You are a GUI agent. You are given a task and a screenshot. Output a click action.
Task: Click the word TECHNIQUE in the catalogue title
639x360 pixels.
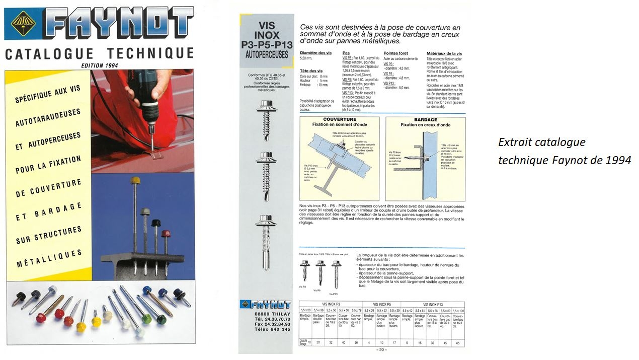[150, 53]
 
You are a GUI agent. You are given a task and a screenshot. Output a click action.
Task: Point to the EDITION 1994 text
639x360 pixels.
[99, 65]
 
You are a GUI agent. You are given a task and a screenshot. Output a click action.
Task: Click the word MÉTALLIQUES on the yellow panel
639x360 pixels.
[49, 257]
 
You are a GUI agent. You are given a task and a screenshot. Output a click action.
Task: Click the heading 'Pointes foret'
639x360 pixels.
[395, 53]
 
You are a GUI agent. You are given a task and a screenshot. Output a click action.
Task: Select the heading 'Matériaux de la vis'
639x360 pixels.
[444, 53]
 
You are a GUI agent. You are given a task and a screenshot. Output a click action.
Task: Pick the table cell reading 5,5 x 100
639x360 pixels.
[457, 310]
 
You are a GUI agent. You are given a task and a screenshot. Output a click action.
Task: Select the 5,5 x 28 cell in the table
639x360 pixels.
[305, 310]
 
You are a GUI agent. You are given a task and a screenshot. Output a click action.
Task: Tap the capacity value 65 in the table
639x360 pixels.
[457, 343]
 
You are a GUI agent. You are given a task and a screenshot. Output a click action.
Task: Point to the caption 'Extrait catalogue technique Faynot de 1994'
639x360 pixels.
[564, 151]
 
